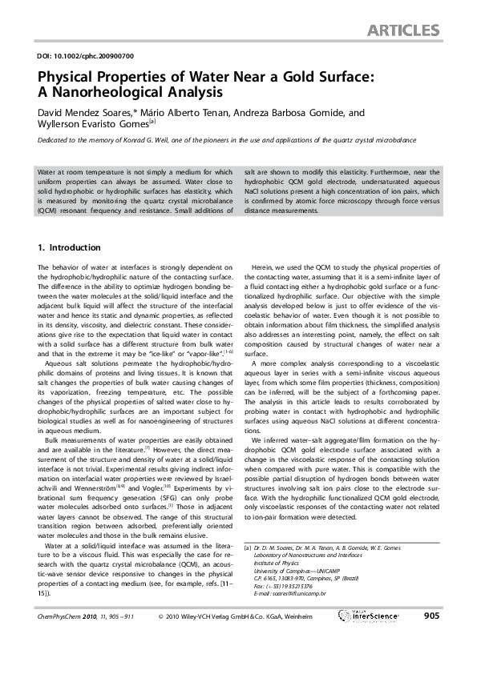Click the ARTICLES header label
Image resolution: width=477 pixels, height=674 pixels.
[x=403, y=31]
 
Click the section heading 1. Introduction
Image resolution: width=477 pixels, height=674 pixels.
[x=70, y=248]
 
